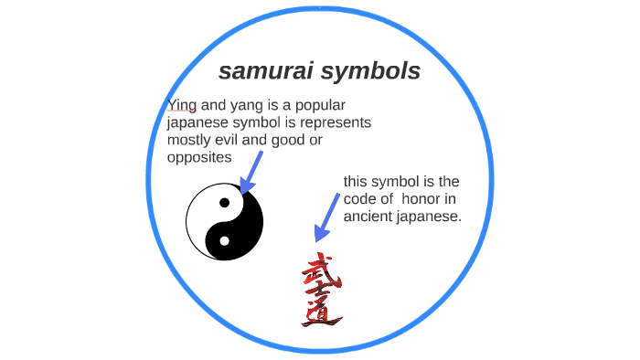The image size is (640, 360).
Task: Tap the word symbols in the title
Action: tap(375, 71)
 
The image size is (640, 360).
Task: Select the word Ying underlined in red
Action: tap(182, 105)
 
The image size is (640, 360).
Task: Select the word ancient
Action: tap(368, 217)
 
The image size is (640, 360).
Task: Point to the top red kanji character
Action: tap(319, 271)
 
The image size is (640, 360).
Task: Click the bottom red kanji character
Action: tap(321, 314)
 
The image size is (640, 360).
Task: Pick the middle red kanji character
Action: tap(319, 293)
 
